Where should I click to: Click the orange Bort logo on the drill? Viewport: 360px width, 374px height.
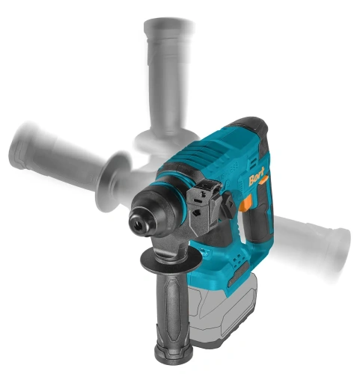coord(257,177)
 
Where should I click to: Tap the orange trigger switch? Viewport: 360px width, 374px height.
coord(247,203)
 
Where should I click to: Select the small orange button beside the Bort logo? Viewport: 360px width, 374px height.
coord(264,180)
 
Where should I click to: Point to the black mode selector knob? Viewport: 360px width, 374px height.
coord(229,204)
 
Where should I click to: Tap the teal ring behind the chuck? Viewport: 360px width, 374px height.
coord(182,200)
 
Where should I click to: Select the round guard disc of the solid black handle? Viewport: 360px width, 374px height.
coord(171,260)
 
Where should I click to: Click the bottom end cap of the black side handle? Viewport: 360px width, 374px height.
coord(174,353)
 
